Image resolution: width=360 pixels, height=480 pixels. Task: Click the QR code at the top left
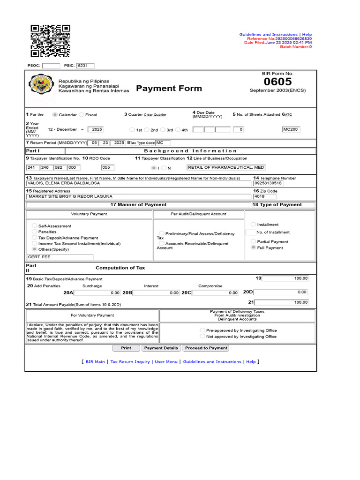point(50,41)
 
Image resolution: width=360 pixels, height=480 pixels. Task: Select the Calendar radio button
point(55,114)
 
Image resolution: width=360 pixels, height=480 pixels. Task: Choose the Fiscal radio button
point(82,114)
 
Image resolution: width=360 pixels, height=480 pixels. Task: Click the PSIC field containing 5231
point(86,66)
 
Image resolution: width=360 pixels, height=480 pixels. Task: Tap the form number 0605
point(277,82)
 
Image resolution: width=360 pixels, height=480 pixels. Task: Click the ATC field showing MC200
point(291,129)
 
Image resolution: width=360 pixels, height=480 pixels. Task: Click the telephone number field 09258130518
point(268,183)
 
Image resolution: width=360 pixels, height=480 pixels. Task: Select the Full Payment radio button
point(254,247)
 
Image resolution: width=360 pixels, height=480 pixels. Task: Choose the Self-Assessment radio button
point(35,225)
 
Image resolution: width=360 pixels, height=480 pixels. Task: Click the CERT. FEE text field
point(60,257)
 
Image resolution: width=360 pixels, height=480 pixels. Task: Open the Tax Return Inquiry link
point(130,362)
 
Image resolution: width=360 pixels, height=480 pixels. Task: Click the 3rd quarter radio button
point(162,130)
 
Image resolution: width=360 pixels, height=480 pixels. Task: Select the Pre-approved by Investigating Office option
point(202,330)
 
